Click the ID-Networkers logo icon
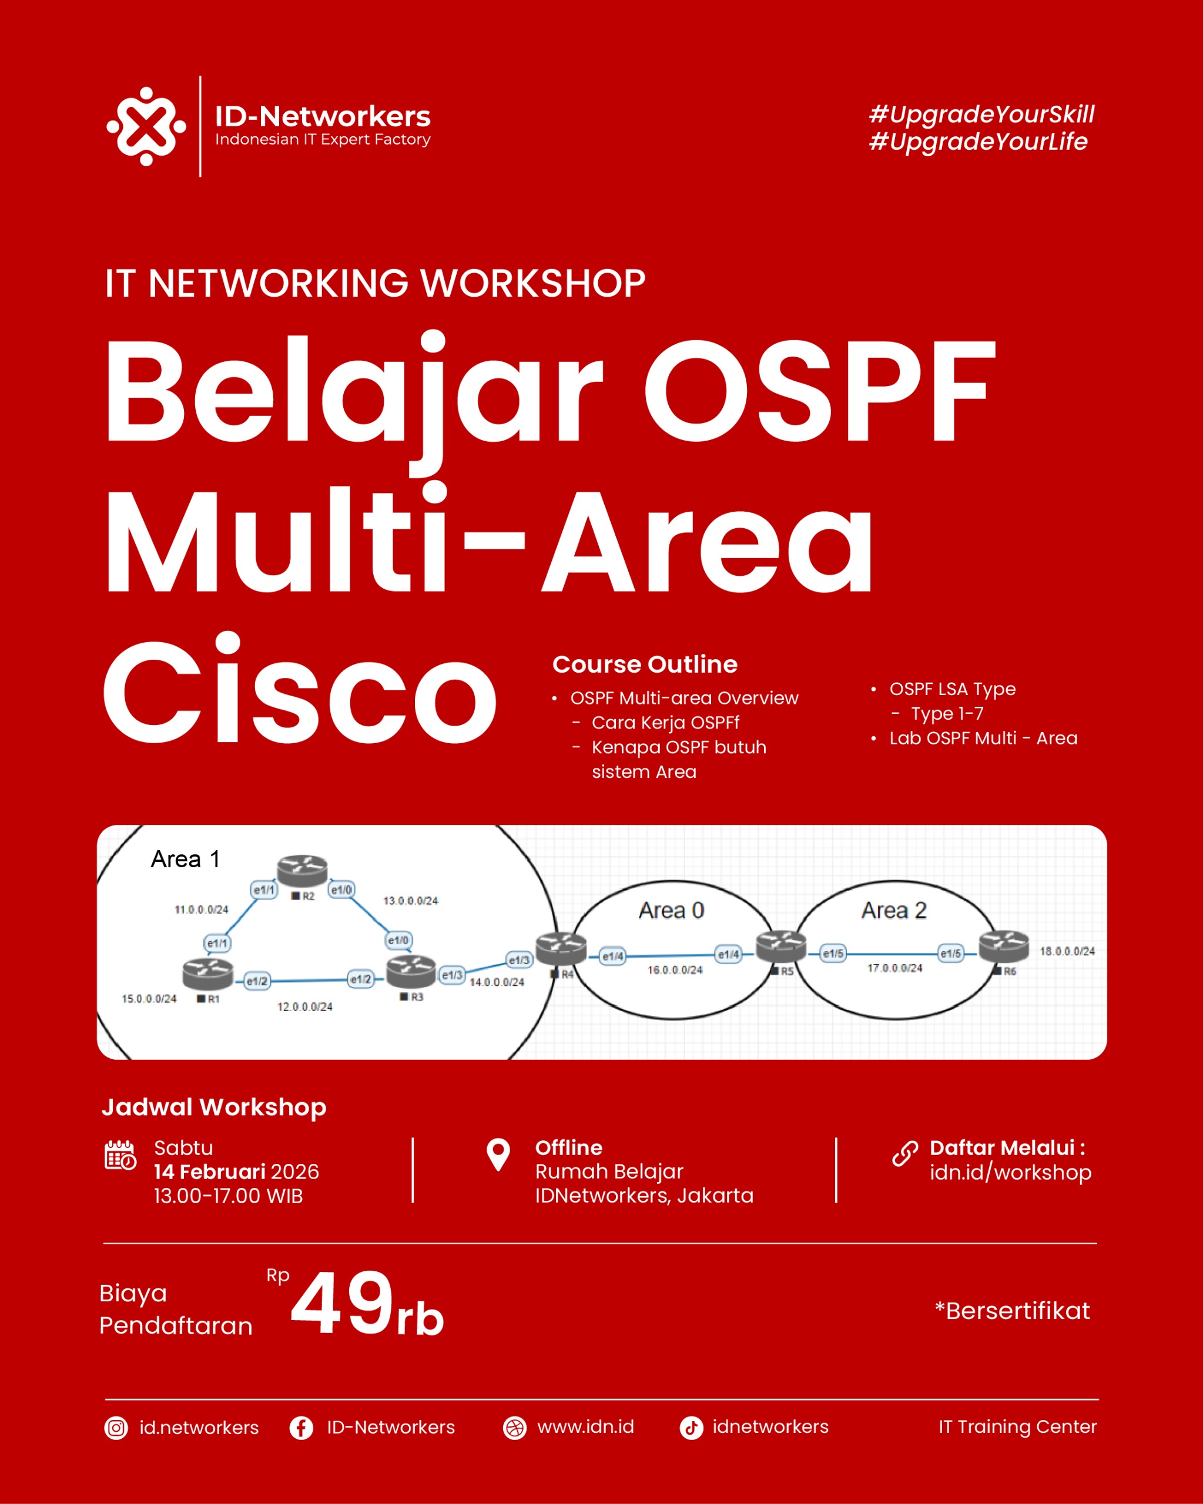146,126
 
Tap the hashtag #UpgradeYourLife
979,142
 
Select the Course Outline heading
645,664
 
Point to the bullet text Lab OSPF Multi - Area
983,738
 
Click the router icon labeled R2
302,871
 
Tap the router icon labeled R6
1003,945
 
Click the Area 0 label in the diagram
671,911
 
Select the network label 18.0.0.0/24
1067,951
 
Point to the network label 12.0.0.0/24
305,1006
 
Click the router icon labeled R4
561,949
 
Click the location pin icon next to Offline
498,1154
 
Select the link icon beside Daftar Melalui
905,1154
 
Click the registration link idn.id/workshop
1010,1173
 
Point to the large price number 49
342,1302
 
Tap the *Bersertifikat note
1013,1311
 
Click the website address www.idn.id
585,1426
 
